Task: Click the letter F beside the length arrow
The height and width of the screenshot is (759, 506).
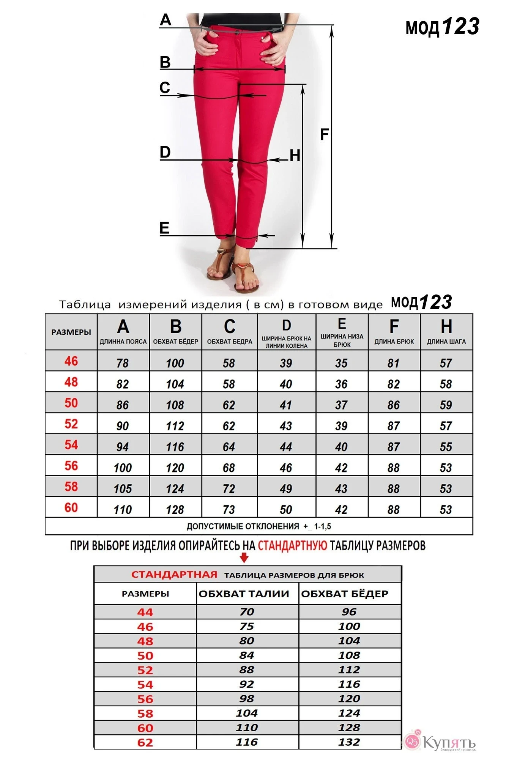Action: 324,134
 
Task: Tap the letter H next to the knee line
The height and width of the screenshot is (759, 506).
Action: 295,156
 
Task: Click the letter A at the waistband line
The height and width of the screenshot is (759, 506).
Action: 166,20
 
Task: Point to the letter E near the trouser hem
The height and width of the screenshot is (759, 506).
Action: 164,228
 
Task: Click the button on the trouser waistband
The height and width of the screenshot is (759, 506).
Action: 238,33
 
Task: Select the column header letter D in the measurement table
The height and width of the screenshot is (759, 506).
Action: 286,326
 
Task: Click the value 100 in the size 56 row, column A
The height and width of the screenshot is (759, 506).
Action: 123,468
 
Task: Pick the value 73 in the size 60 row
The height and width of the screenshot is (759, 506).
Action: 229,509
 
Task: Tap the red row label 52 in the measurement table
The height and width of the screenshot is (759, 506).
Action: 71,424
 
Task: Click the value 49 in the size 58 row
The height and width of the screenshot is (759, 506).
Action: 286,488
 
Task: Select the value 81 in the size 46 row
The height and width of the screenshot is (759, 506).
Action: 393,363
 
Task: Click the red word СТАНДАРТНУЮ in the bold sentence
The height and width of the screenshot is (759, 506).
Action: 292,546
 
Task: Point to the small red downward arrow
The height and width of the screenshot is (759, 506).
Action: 244,557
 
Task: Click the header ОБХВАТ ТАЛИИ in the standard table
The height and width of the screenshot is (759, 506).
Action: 244,594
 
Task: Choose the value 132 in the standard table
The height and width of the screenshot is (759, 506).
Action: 349,742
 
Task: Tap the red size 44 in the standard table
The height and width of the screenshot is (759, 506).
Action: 145,612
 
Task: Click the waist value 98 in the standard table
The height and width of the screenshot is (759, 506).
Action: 246,698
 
